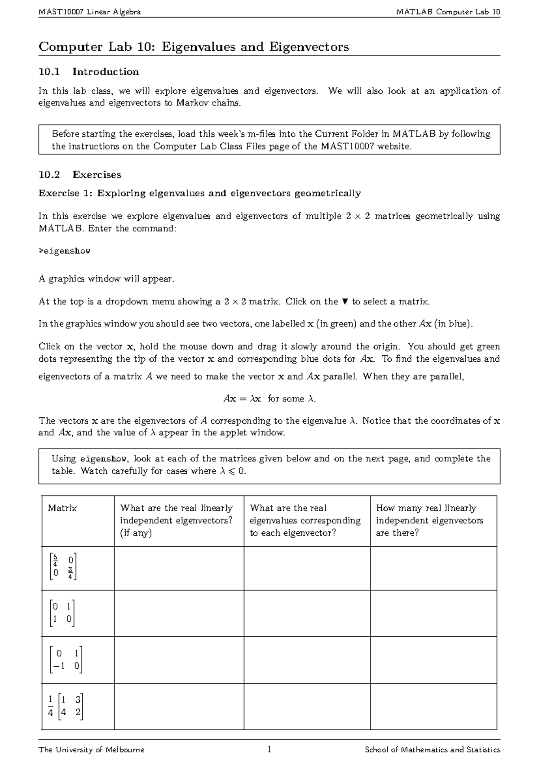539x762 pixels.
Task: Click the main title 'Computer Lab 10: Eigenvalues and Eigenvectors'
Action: pyautogui.click(x=194, y=47)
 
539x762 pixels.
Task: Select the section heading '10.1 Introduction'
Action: pyautogui.click(x=89, y=72)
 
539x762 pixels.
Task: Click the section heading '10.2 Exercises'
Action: pyautogui.click(x=80, y=174)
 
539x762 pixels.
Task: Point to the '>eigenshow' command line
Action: pyautogui.click(x=65, y=251)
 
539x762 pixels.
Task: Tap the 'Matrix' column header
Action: pyautogui.click(x=62, y=508)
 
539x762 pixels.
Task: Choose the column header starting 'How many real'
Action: pyautogui.click(x=429, y=520)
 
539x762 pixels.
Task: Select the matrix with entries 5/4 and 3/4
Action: pyautogui.click(x=64, y=567)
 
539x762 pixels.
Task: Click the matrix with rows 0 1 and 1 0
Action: pyautogui.click(x=62, y=613)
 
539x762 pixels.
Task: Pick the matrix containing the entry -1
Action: pyautogui.click(x=66, y=660)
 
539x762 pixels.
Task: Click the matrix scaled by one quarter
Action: pyautogui.click(x=66, y=706)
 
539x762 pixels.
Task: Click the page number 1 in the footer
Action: pyautogui.click(x=269, y=749)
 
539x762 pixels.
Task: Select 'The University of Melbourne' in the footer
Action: pyautogui.click(x=92, y=749)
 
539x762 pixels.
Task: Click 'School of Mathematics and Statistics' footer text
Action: pyautogui.click(x=432, y=749)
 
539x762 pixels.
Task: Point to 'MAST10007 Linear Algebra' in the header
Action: pyautogui.click(x=90, y=12)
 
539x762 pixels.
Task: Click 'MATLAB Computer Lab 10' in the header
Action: pyautogui.click(x=448, y=12)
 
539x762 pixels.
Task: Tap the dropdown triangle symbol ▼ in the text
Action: pyautogui.click(x=345, y=301)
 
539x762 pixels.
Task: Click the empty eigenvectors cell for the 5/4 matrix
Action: pyautogui.click(x=179, y=568)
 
